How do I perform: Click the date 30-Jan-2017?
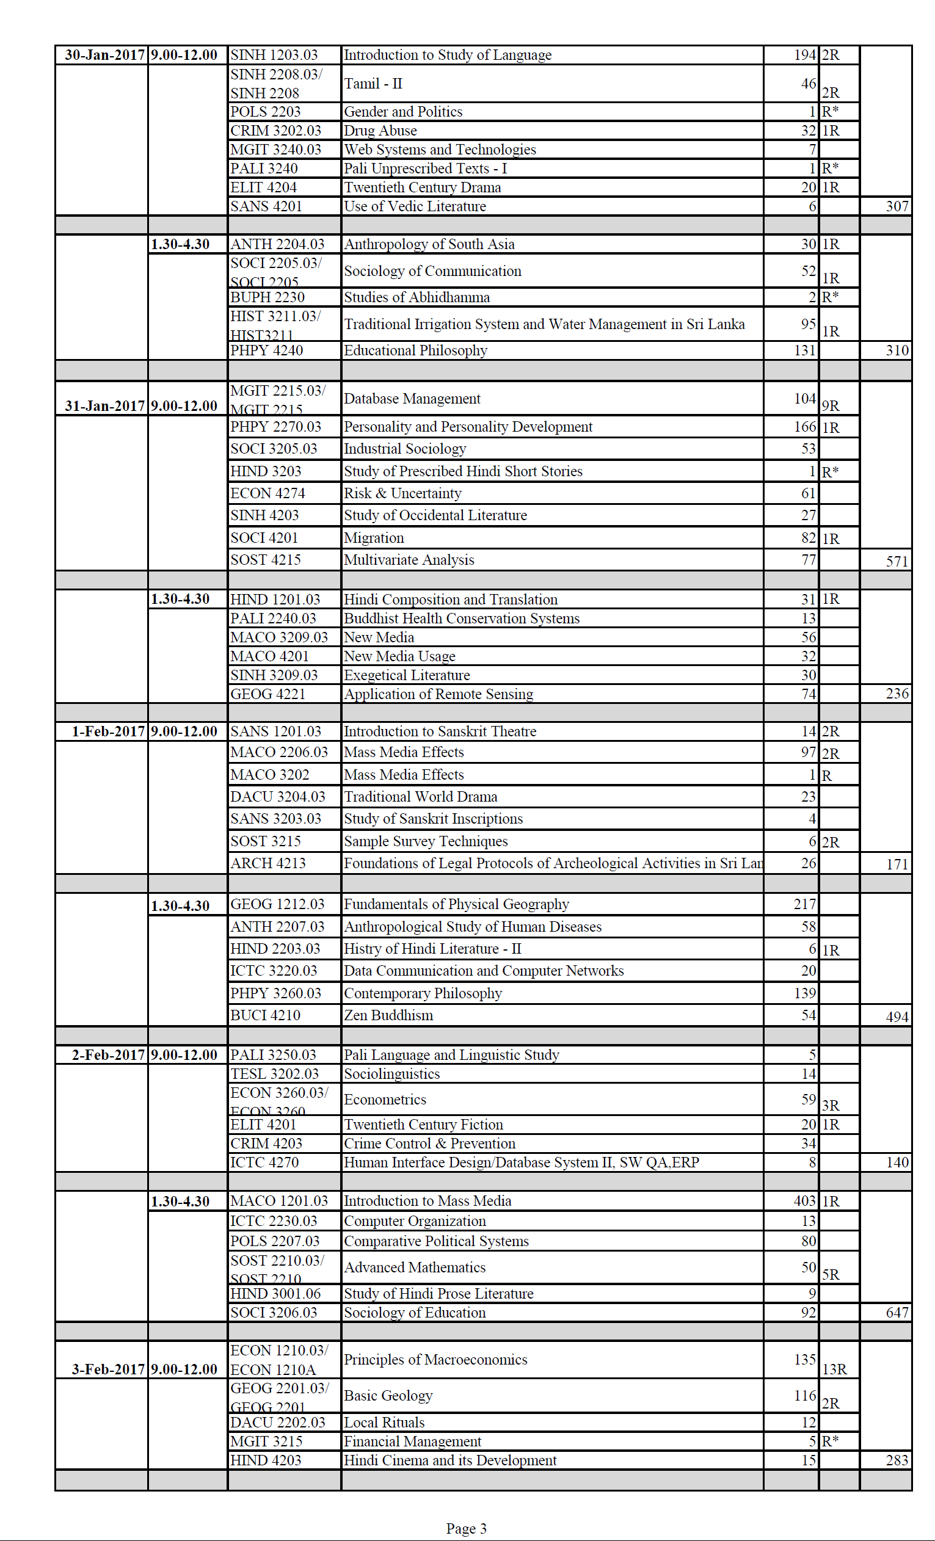tap(104, 55)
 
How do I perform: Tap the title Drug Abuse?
tap(380, 131)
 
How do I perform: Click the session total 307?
tap(897, 206)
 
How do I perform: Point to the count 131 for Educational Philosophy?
tap(804, 350)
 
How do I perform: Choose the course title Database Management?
tap(412, 399)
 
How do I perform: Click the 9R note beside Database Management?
tap(831, 406)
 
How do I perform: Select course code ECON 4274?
tap(267, 493)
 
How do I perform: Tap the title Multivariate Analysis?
tap(409, 560)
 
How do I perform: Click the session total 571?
tap(897, 561)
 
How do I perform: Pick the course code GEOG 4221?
tap(267, 694)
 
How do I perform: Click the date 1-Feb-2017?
tap(108, 731)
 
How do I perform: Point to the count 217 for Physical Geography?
tap(804, 904)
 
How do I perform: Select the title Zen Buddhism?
tap(388, 1015)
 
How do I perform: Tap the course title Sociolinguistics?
tap(391, 1074)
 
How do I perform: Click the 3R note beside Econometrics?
tap(831, 1105)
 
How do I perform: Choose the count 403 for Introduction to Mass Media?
tap(804, 1201)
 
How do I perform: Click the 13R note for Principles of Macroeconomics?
tap(834, 1369)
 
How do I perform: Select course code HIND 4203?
tap(266, 1460)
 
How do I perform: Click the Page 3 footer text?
tap(466, 1529)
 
